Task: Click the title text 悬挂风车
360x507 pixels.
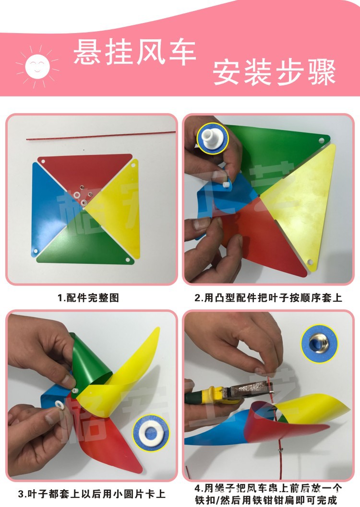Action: click(135, 52)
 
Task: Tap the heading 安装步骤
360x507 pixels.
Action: click(274, 73)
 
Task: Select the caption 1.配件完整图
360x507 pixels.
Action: click(88, 298)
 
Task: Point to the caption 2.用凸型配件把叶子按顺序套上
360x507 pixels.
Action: click(268, 298)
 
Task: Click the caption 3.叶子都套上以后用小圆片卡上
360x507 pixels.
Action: click(92, 493)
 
